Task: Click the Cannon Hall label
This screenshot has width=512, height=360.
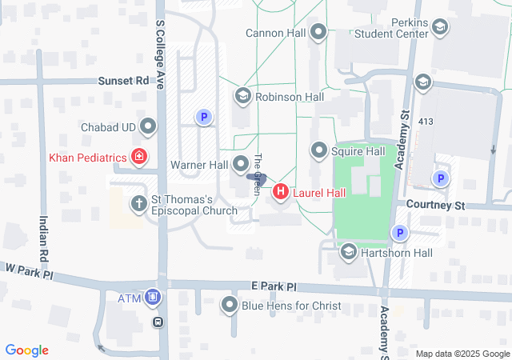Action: [x=276, y=33]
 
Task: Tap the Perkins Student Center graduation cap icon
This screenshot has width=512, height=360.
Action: [x=439, y=29]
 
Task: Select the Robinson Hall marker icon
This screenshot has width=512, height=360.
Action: [x=242, y=96]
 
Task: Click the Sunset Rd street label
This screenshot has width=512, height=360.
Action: [x=124, y=81]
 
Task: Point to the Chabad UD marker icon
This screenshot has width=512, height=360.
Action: [x=148, y=126]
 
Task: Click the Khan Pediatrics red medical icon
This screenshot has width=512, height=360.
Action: [x=139, y=157]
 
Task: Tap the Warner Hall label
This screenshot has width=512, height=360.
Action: [x=199, y=165]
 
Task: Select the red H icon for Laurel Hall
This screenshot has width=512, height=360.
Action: [x=281, y=192]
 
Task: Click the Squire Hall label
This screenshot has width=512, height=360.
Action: [x=359, y=151]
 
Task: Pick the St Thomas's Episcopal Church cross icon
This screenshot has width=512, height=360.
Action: [x=138, y=203]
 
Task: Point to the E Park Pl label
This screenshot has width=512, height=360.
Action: [x=273, y=286]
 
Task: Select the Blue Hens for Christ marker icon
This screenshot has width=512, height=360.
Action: [x=230, y=306]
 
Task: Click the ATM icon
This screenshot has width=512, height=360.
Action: [x=153, y=298]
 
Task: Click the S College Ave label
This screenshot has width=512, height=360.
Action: [x=160, y=44]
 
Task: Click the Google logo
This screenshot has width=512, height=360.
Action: [x=27, y=350]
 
